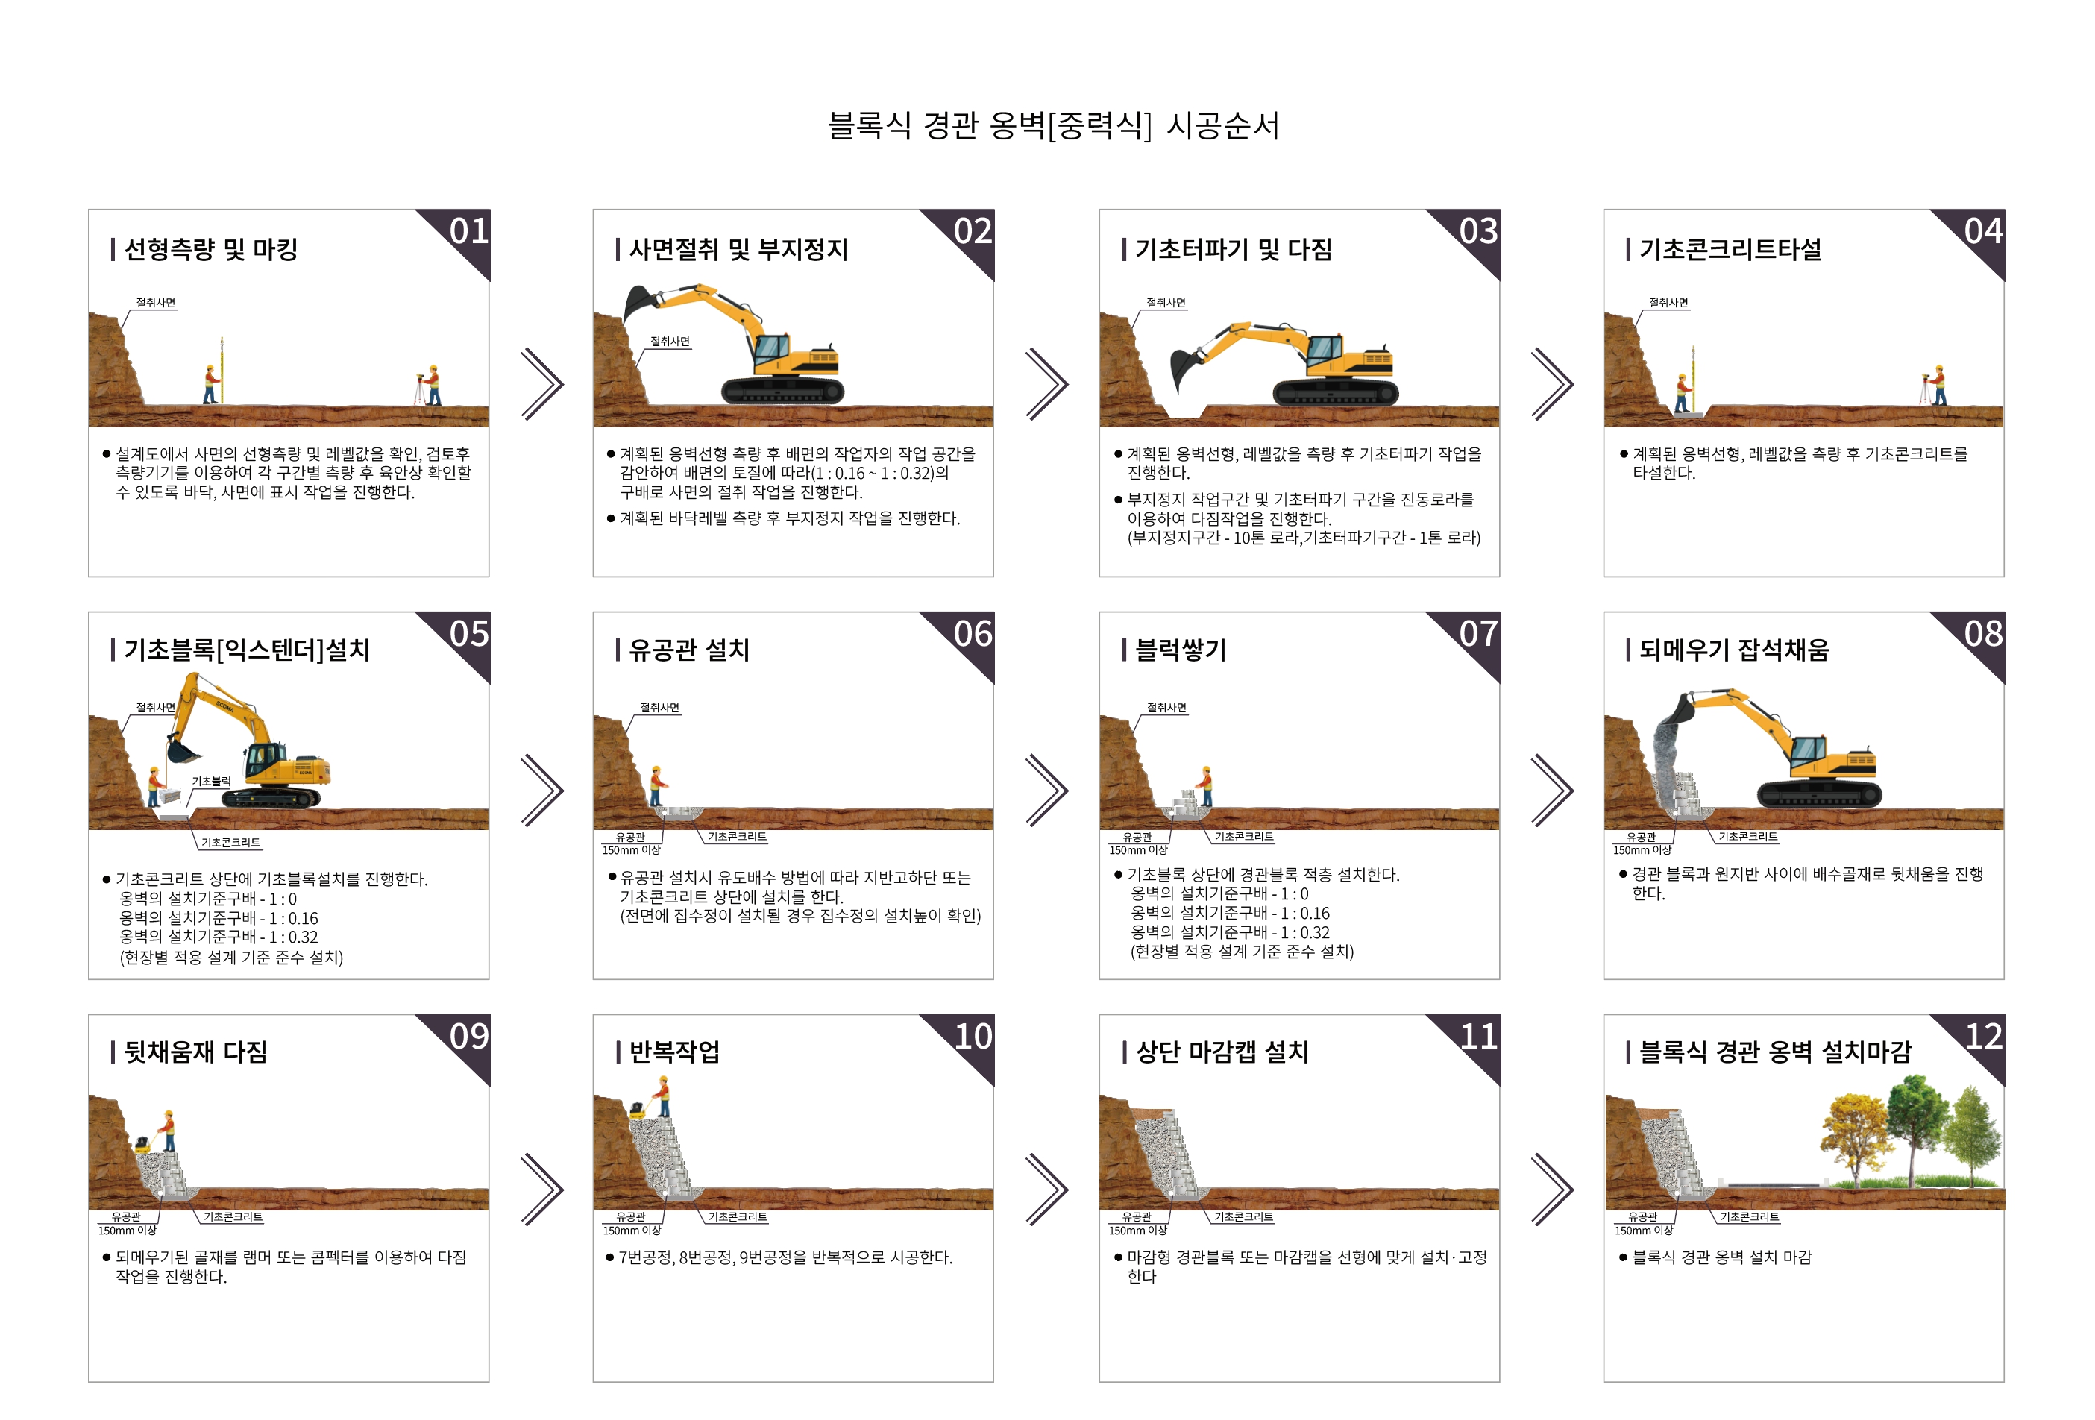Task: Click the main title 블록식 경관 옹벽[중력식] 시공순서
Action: coord(1053,125)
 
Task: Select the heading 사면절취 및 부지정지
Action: coord(738,249)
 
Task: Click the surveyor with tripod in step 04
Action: coord(1934,385)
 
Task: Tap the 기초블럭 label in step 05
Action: coord(211,781)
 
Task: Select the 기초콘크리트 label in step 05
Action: coord(230,842)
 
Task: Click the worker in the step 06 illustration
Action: coord(658,785)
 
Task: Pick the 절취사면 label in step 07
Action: coord(1166,708)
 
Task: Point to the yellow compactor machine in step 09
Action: coord(144,1143)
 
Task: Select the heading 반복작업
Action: coord(673,1052)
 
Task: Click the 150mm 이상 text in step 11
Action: coord(1137,1231)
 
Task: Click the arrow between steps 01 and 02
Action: coord(543,384)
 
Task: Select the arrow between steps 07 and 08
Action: coord(1552,790)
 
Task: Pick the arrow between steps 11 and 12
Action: coord(1552,1190)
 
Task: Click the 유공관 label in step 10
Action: coord(630,1217)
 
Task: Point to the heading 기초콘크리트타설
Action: coord(1730,249)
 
